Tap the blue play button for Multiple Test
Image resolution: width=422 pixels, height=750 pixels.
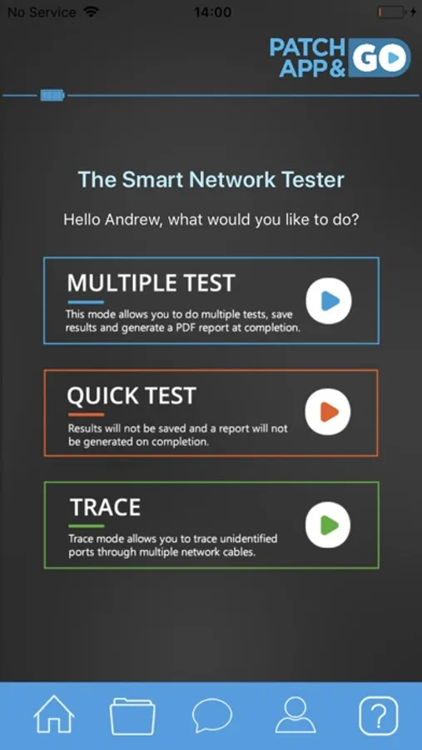329,302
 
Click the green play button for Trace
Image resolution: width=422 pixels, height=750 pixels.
328,525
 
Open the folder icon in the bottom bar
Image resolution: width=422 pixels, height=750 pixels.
132,716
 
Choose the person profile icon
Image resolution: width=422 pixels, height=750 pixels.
295,715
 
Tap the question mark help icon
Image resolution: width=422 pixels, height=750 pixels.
378,716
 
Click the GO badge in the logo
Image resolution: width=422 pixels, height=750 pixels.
380,57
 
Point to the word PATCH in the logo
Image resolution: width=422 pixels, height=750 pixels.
307,47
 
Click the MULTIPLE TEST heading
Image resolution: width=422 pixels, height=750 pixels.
151,283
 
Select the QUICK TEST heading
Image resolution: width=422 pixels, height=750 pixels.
132,396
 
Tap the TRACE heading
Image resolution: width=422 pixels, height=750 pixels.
106,507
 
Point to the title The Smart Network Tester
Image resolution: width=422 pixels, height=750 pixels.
211,180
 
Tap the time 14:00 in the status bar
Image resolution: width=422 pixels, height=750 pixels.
213,12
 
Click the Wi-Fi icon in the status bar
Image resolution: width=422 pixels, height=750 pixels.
91,12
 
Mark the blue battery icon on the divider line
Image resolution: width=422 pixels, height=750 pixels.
52,96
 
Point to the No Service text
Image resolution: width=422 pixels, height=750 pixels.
42,12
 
